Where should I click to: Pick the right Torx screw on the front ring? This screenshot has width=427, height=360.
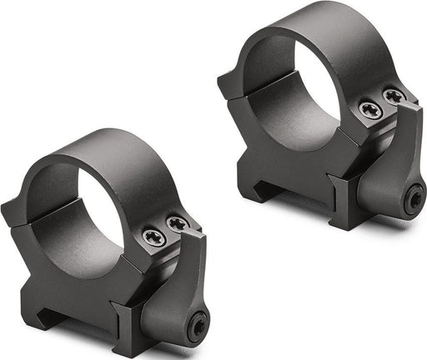click(177, 224)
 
